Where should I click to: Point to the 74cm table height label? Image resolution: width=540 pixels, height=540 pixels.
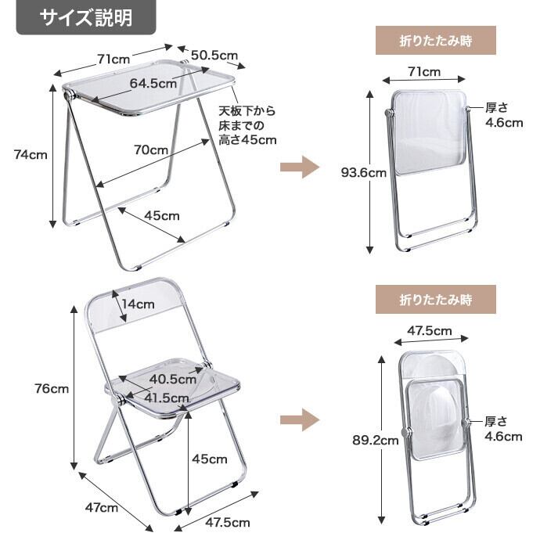tap(31, 154)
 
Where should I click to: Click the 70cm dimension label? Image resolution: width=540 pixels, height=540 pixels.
tap(151, 149)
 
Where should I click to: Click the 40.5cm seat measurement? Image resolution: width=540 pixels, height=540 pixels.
tap(172, 379)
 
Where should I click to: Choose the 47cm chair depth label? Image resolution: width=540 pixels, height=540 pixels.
tap(102, 507)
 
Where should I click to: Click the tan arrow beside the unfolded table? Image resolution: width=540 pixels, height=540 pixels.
tap(300, 167)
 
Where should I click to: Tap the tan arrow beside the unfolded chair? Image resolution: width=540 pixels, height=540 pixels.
tap(300, 419)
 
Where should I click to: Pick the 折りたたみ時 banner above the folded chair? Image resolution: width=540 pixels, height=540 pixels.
tap(435, 299)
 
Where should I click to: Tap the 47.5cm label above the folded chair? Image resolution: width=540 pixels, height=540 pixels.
tap(430, 330)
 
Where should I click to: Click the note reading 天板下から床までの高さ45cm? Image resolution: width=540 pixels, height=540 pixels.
tap(247, 125)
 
